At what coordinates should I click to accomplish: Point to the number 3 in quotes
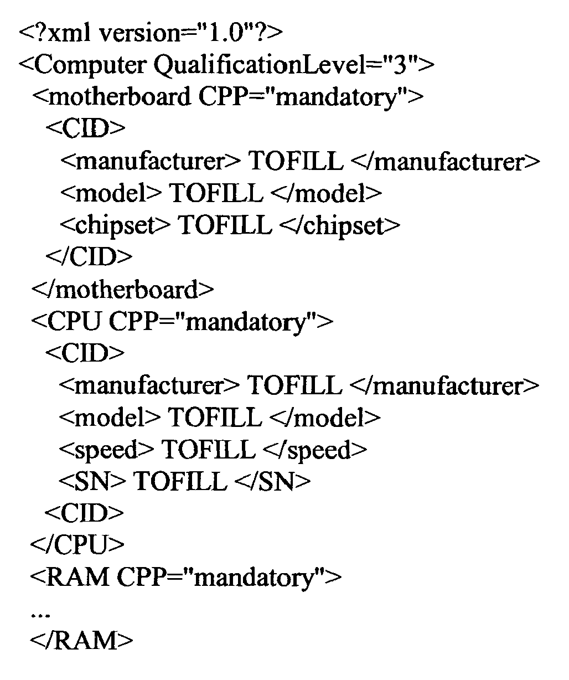tap(400, 64)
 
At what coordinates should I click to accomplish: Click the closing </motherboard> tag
tap(123, 289)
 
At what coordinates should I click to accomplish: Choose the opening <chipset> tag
tap(115, 225)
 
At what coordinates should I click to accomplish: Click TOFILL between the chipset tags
tap(225, 224)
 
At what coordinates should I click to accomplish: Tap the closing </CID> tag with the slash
tap(89, 256)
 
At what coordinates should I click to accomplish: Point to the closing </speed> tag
tap(315, 450)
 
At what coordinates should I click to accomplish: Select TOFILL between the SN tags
tap(180, 481)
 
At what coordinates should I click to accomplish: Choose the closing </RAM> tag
tap(82, 640)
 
